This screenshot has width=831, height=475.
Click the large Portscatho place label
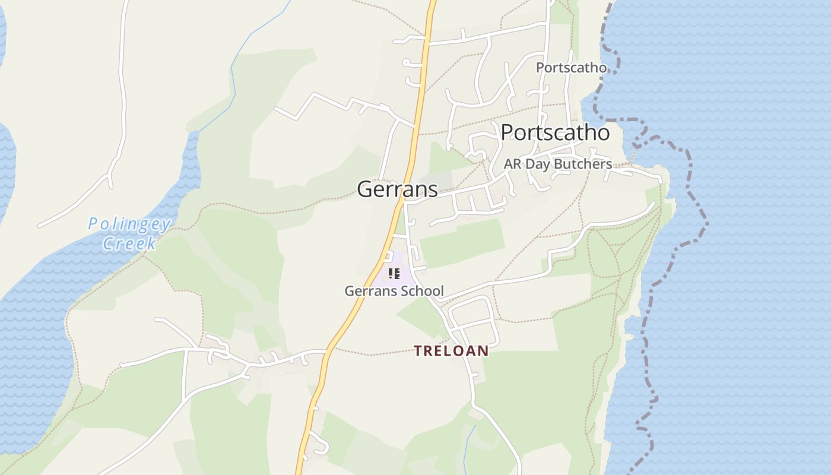coord(555,132)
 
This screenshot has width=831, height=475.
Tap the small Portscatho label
coord(571,68)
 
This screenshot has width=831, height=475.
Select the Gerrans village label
coord(397,189)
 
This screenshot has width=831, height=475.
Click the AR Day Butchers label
coord(557,164)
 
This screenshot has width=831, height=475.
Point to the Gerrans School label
coord(394,291)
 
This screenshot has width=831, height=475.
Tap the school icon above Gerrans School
coord(394,274)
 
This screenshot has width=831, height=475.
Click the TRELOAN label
coord(451,351)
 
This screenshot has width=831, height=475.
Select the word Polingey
coord(129,224)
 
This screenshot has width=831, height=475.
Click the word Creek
coord(129,243)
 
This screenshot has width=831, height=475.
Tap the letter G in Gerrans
coord(364,189)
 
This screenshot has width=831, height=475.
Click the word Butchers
coord(584,164)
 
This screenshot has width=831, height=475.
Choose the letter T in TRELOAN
coord(418,351)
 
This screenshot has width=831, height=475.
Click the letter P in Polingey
coord(93,224)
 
